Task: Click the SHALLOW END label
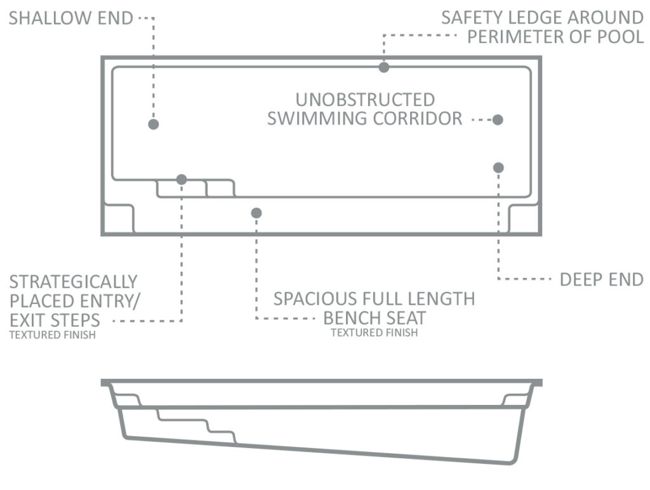(71, 18)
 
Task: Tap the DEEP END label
(602, 280)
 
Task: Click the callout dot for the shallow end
(154, 124)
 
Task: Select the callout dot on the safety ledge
(384, 67)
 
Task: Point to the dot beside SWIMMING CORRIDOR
(498, 120)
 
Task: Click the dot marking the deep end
(498, 168)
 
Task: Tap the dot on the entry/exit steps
(182, 180)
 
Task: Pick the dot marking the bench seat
(256, 213)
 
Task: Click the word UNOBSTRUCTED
(365, 100)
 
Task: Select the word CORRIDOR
(418, 119)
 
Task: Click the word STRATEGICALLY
(74, 282)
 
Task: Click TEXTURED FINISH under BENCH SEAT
(375, 333)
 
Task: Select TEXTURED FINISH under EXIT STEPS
(53, 335)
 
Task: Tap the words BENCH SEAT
(375, 319)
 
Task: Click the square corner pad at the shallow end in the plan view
(119, 218)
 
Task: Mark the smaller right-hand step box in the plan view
(220, 189)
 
